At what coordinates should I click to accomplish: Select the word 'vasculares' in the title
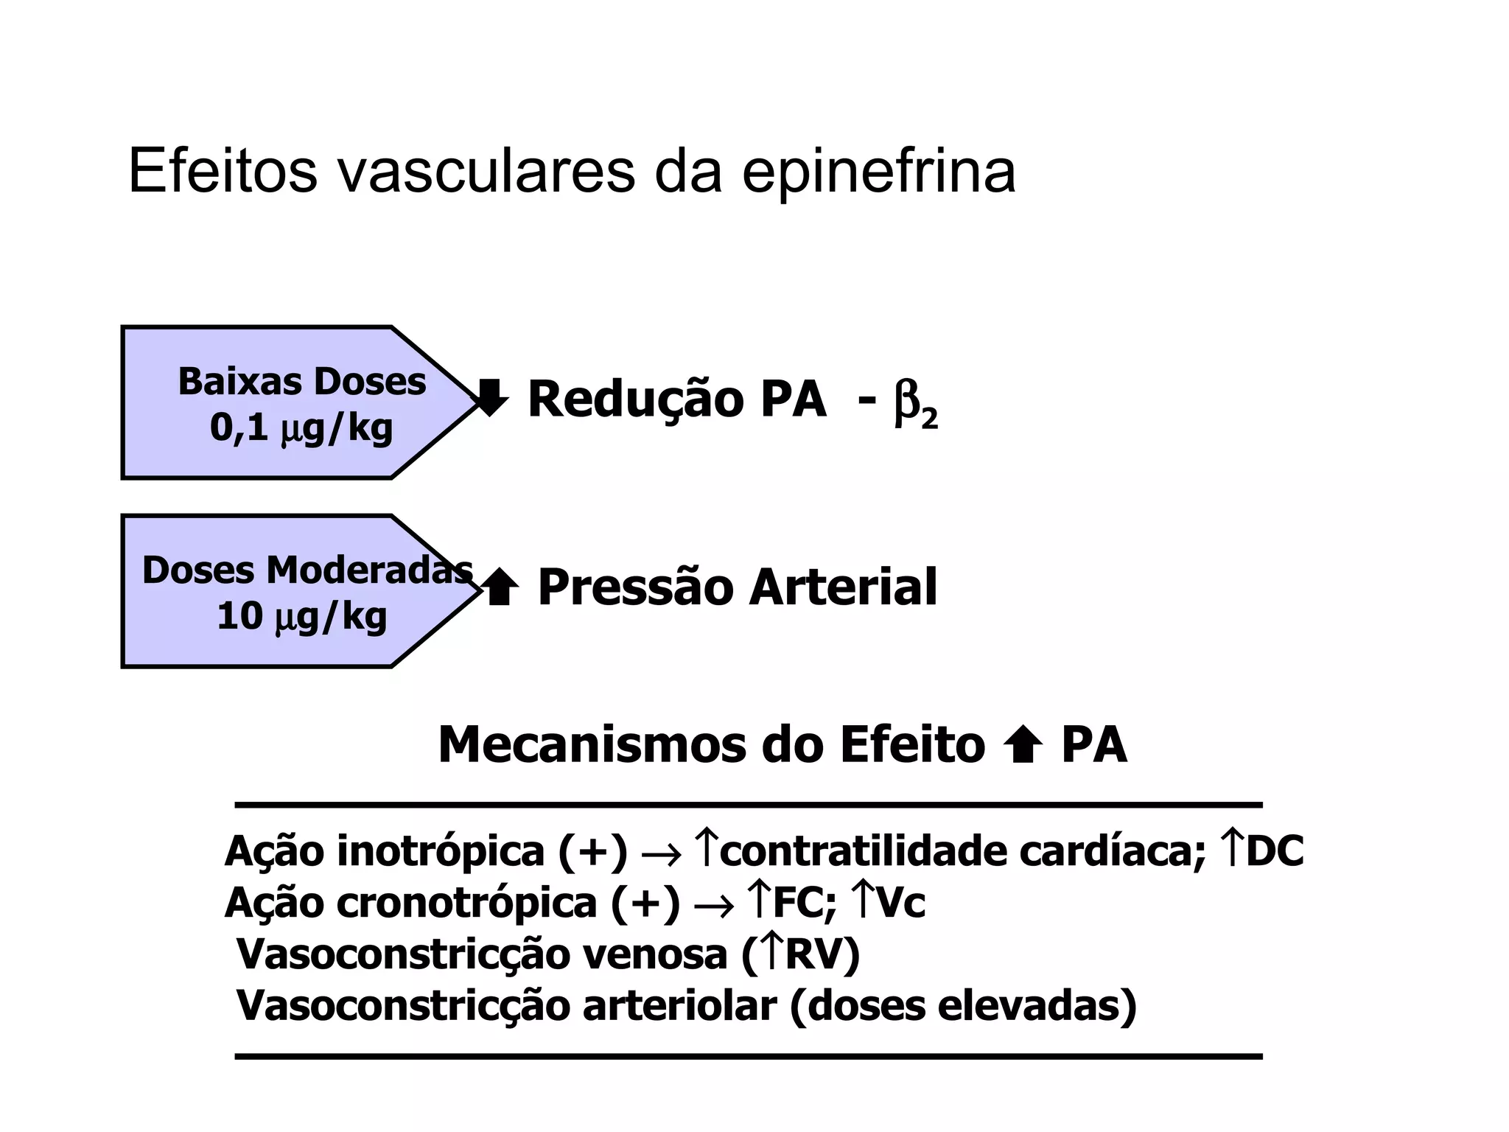486,172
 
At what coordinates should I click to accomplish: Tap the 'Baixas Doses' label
302,382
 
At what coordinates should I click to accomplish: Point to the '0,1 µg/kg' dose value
301,427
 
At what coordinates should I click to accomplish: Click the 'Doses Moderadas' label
307,570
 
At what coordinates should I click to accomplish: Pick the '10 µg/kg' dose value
301,616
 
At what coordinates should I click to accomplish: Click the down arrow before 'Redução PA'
490,398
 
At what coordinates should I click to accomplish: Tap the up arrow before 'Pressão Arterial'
501,587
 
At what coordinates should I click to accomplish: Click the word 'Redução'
635,399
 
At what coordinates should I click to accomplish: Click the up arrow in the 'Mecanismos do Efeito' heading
1023,746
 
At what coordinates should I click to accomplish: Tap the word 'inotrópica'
440,851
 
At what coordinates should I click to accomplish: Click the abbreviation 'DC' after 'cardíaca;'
1275,850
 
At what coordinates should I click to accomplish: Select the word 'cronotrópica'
466,903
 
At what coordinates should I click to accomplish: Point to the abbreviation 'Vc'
901,903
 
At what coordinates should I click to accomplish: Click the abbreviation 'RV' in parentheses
813,954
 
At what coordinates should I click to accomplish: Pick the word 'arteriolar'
679,1006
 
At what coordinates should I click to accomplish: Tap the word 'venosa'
654,954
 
